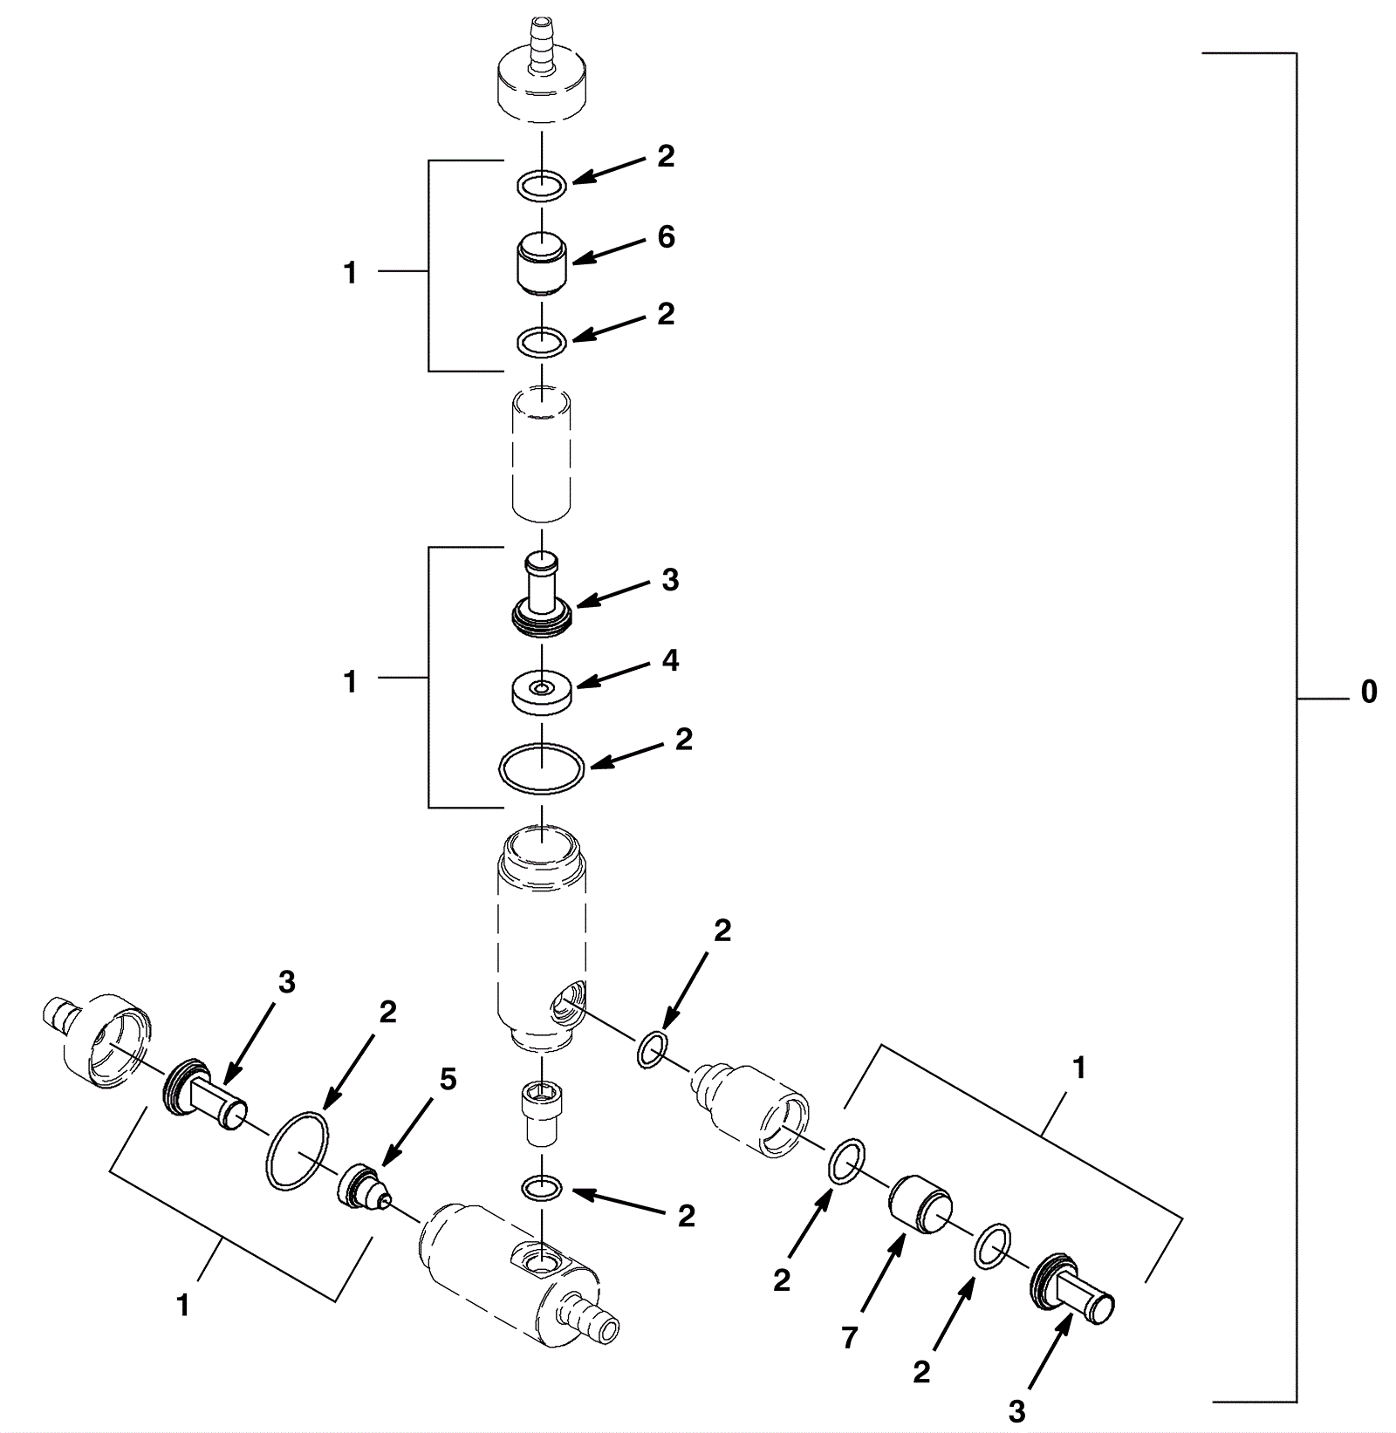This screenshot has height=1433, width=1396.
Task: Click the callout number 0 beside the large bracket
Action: (1369, 692)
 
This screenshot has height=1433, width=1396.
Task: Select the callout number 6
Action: (667, 236)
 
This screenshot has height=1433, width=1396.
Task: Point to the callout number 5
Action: (447, 1080)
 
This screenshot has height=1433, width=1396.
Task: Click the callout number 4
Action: (670, 660)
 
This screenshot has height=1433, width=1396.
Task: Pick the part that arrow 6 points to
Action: (542, 264)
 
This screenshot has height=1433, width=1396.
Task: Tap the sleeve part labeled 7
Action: (920, 1204)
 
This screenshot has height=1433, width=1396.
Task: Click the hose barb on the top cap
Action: (542, 44)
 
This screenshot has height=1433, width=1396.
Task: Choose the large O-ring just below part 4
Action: (542, 768)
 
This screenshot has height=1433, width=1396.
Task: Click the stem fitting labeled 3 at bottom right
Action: (1072, 1291)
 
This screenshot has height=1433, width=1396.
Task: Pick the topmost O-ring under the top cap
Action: (542, 185)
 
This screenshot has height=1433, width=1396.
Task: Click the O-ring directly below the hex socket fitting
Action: (542, 1187)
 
